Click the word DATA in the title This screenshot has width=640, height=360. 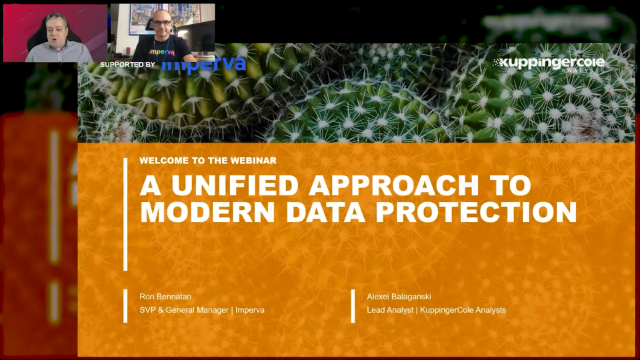[x=317, y=212]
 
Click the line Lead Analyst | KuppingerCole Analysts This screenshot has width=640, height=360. [x=436, y=310]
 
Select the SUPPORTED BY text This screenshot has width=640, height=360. [x=128, y=65]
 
